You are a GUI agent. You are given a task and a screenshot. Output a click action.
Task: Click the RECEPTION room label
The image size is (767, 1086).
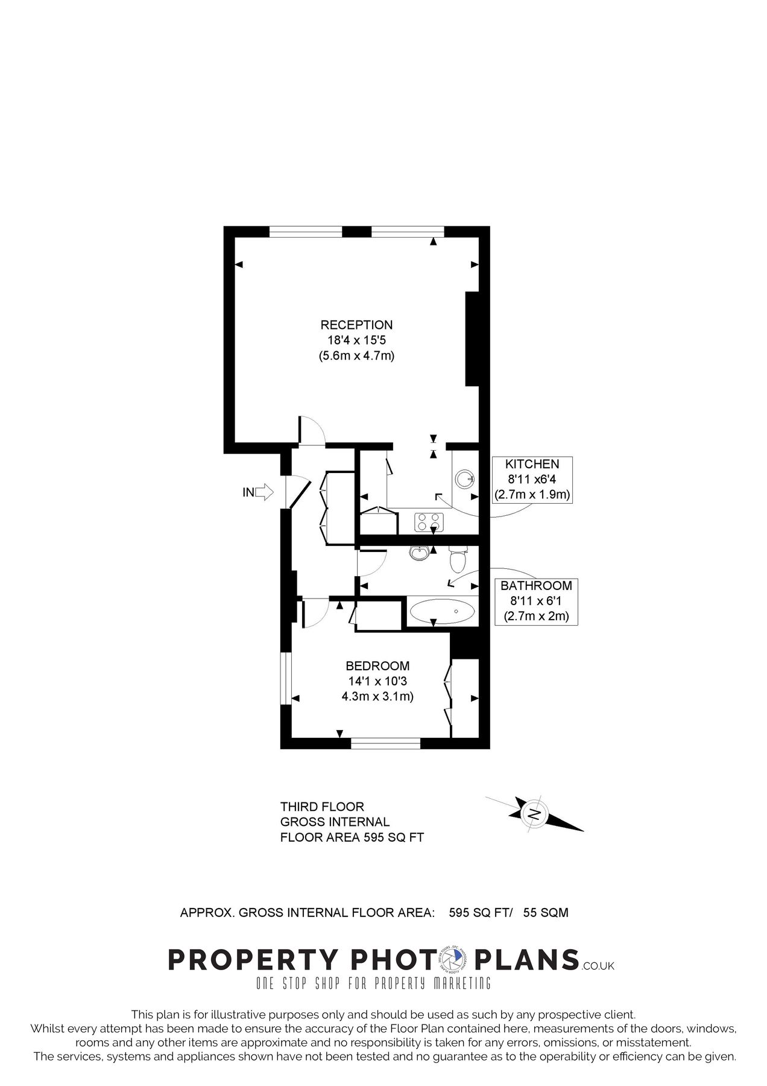(x=356, y=325)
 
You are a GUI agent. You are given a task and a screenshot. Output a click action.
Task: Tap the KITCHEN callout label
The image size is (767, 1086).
(x=532, y=465)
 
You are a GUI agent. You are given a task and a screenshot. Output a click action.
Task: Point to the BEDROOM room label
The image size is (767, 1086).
(x=377, y=666)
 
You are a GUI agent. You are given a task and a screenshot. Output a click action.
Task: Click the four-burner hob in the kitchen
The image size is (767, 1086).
(x=429, y=521)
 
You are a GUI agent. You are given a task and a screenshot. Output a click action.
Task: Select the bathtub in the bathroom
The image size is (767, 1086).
(x=442, y=612)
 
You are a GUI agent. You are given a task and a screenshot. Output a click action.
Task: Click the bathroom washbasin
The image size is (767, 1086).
(x=418, y=552)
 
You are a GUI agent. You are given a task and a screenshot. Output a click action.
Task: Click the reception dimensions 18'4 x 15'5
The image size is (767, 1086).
(x=356, y=341)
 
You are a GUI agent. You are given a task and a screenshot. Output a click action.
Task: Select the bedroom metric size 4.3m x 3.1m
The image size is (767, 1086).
(x=377, y=696)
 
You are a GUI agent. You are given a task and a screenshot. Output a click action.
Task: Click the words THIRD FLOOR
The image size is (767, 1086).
(x=322, y=807)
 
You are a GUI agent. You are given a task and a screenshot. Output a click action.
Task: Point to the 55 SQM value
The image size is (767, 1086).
(x=545, y=913)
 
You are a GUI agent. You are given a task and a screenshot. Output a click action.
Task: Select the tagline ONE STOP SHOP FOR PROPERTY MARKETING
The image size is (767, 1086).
(x=373, y=983)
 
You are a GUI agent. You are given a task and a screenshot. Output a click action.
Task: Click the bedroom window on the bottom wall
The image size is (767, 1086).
(x=385, y=743)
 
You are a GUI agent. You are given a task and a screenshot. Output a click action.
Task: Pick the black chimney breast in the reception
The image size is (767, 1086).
(x=472, y=338)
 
